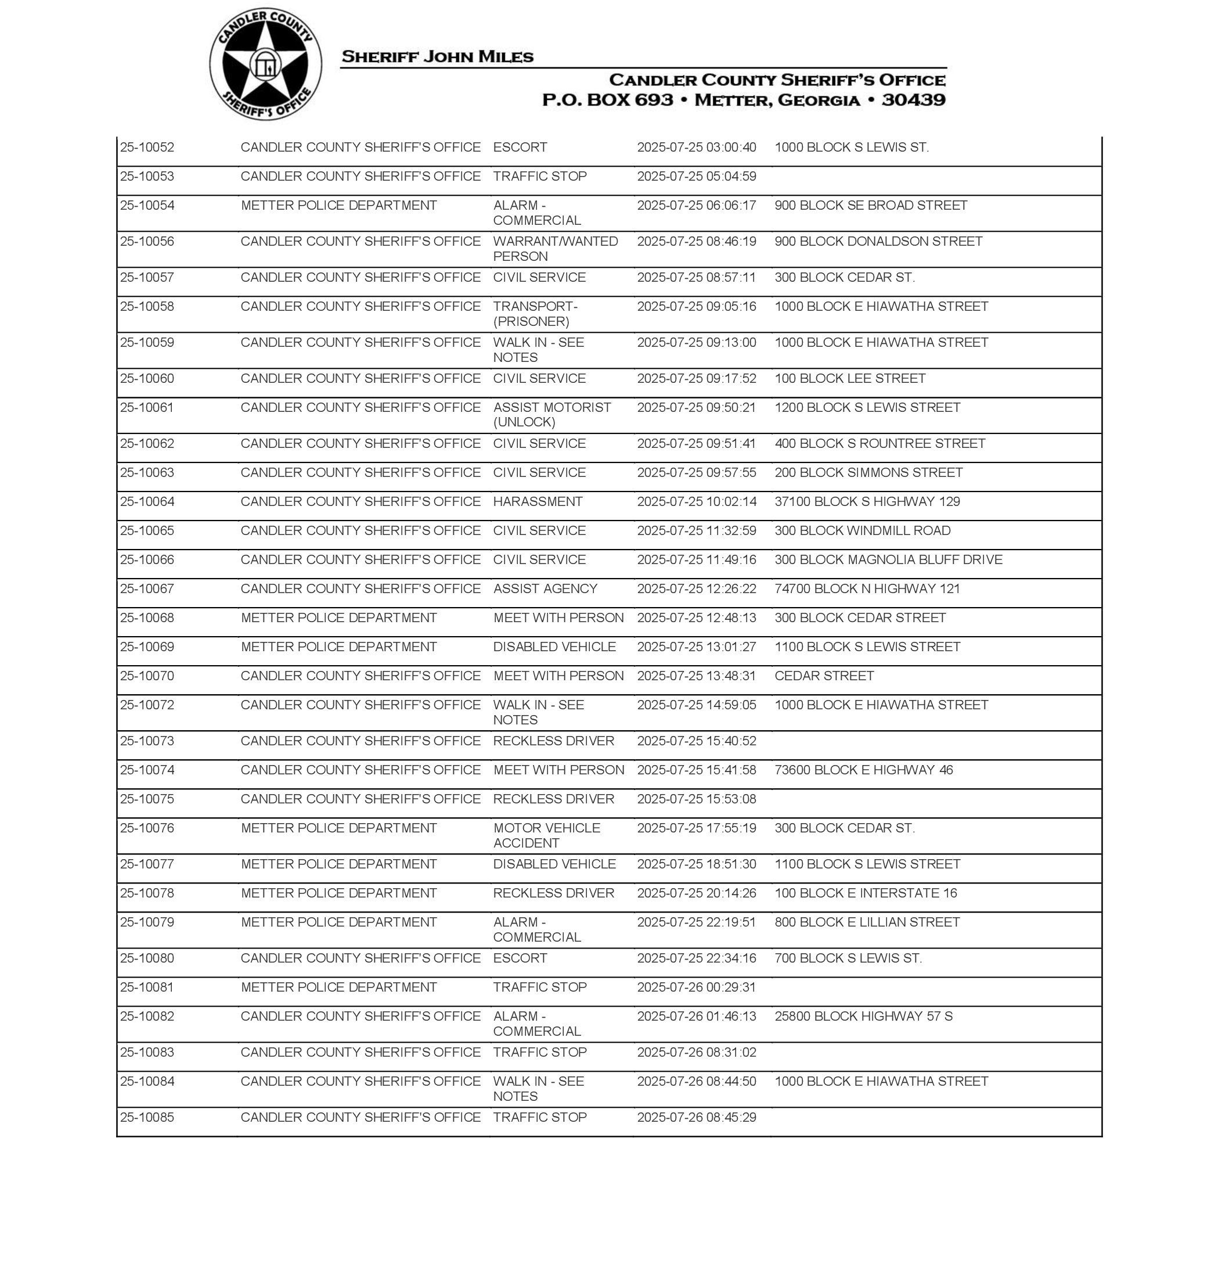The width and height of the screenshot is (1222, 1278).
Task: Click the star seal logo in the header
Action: click(x=265, y=64)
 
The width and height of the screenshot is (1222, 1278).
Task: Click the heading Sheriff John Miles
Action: click(x=437, y=57)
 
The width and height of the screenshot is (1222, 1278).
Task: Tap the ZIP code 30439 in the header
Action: click(x=913, y=100)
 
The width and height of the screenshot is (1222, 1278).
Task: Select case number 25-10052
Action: click(x=147, y=148)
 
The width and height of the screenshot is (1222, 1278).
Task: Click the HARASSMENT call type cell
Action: click(x=538, y=502)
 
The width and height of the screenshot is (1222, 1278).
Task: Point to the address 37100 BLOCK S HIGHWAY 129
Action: click(x=867, y=502)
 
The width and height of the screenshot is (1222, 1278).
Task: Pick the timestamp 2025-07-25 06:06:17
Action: click(x=696, y=205)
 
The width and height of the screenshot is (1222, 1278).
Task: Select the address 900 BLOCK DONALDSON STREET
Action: click(x=878, y=241)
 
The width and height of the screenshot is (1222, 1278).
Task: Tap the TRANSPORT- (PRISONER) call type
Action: click(x=535, y=314)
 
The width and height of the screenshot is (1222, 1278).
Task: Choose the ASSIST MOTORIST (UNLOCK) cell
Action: click(x=551, y=415)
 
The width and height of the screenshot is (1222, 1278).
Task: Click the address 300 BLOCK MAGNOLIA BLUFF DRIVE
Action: click(x=888, y=560)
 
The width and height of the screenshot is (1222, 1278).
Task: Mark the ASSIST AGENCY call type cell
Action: click(x=545, y=588)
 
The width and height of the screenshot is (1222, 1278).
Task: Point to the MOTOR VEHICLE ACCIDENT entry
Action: click(x=546, y=835)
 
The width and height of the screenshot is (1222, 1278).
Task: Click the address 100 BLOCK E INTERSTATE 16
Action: click(x=866, y=893)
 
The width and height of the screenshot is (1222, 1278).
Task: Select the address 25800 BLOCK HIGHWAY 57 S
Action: click(x=863, y=1016)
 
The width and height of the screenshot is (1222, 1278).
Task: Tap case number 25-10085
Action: click(x=147, y=1117)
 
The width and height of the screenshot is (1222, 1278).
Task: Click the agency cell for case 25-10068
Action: click(x=338, y=618)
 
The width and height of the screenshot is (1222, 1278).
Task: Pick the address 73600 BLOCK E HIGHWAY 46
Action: click(x=863, y=770)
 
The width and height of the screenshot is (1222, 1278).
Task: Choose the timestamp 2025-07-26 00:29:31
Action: click(x=696, y=988)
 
